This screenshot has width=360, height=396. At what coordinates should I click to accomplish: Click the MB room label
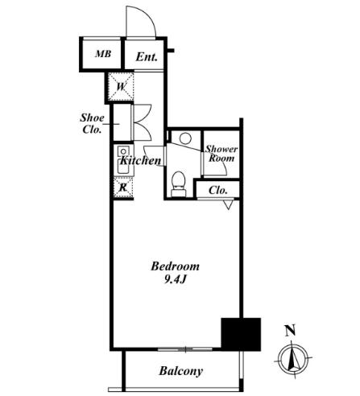103,54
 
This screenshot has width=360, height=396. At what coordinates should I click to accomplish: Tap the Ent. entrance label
147,57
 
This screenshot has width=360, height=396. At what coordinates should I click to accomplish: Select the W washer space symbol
121,86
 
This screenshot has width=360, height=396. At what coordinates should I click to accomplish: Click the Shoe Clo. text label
92,124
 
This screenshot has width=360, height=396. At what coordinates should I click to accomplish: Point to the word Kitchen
140,160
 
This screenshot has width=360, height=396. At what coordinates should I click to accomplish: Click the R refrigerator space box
123,187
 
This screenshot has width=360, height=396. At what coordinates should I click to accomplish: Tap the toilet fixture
178,184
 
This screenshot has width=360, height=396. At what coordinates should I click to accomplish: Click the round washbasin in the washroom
185,138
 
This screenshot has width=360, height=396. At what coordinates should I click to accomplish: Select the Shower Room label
221,154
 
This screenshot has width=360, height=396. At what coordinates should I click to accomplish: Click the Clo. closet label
218,190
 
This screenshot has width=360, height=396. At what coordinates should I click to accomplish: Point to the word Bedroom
176,266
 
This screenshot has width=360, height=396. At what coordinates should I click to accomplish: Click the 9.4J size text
176,280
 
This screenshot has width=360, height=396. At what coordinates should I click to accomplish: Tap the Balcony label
181,371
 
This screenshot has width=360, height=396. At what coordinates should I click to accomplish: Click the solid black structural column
241,334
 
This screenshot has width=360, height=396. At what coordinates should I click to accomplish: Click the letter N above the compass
290,330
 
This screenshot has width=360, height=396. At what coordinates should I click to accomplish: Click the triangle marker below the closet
228,204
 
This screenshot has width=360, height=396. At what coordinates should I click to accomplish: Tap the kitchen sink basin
123,167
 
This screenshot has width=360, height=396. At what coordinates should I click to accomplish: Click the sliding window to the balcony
185,349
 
